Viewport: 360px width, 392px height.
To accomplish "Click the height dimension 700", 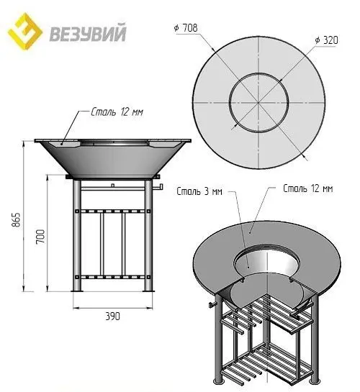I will click(42, 233).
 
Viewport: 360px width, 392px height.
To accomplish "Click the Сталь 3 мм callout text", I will click(198, 192).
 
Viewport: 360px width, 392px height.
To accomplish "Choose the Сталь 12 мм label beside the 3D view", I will click(308, 189).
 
